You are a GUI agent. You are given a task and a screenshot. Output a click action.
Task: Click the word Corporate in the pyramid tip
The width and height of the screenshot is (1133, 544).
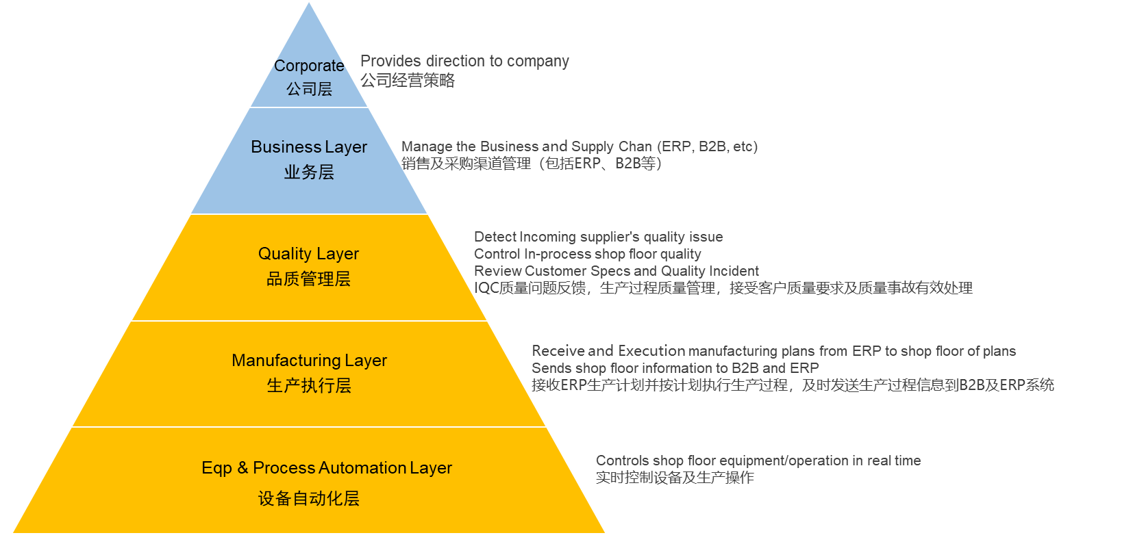pyautogui.click(x=309, y=66)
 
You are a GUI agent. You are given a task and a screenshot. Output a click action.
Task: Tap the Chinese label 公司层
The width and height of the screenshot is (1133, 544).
pyautogui.click(x=309, y=89)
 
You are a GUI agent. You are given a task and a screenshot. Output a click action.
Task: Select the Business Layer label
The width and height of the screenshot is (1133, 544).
pyautogui.click(x=309, y=147)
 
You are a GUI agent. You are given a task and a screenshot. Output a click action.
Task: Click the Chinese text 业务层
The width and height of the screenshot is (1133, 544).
pyautogui.click(x=309, y=172)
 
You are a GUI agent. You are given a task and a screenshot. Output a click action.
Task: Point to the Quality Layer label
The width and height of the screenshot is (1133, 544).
pyautogui.click(x=308, y=254)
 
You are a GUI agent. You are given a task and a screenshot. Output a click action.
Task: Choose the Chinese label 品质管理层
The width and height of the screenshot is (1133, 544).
pyautogui.click(x=308, y=279)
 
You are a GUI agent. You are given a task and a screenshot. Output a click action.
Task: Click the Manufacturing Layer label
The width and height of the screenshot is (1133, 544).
pyautogui.click(x=309, y=361)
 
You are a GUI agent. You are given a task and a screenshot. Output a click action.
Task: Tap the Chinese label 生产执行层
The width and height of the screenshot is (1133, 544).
pyautogui.click(x=309, y=386)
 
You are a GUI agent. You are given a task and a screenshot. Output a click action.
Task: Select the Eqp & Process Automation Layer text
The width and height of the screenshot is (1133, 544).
pyautogui.click(x=327, y=468)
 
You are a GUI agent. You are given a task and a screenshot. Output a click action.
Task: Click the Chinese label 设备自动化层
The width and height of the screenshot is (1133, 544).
pyautogui.click(x=309, y=499)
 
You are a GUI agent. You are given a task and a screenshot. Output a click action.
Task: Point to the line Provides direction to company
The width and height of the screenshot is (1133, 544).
pyautogui.click(x=464, y=61)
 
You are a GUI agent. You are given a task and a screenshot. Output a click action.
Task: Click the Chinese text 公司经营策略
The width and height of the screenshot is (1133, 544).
pyautogui.click(x=408, y=80)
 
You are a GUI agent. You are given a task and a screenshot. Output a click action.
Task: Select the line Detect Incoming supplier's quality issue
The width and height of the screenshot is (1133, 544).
pyautogui.click(x=598, y=237)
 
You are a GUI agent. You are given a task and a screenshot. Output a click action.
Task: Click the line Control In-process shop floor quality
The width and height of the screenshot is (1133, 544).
pyautogui.click(x=587, y=254)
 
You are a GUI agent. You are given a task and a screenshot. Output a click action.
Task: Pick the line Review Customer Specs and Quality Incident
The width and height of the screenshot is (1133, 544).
pyautogui.click(x=616, y=271)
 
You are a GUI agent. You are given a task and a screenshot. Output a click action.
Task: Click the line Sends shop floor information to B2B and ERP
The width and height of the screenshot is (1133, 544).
pyautogui.click(x=675, y=368)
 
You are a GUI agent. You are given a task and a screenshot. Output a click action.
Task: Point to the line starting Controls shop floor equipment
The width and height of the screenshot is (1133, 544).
pyautogui.click(x=758, y=461)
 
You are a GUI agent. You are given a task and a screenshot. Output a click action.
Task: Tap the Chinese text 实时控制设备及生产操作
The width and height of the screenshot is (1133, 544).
pyautogui.click(x=674, y=478)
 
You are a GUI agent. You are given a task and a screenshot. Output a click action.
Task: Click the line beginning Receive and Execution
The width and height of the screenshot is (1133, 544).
pyautogui.click(x=773, y=351)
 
